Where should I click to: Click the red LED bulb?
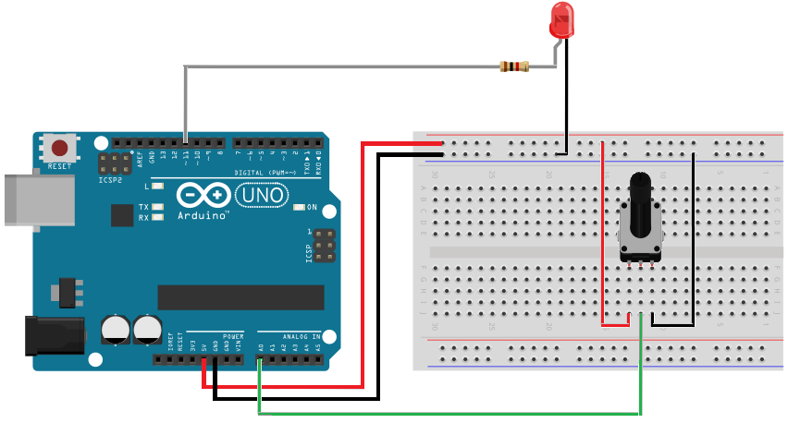pyautogui.click(x=560, y=19)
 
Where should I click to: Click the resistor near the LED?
pyautogui.click(x=513, y=66)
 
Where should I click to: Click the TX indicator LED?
pyautogui.click(x=157, y=207)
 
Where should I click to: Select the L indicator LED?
pyautogui.click(x=157, y=187)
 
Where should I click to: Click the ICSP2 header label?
pyautogui.click(x=110, y=180)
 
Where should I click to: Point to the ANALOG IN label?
pyautogui.click(x=302, y=336)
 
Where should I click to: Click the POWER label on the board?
pyautogui.click(x=233, y=336)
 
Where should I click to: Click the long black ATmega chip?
pyautogui.click(x=240, y=297)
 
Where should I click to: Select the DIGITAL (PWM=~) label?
pyautogui.click(x=265, y=173)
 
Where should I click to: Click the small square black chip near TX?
pyautogui.click(x=122, y=215)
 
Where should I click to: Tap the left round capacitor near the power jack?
pyautogui.click(x=116, y=329)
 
